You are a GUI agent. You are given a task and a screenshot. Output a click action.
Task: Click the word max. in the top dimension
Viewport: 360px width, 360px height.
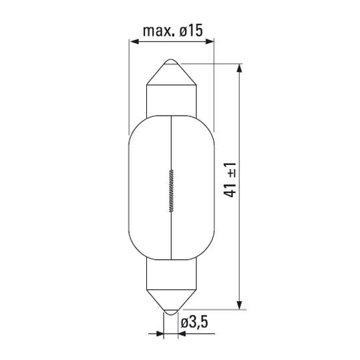158,31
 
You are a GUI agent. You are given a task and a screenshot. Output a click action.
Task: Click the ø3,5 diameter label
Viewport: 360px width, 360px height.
193,323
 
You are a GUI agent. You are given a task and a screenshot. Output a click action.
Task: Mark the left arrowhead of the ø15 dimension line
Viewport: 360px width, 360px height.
133,42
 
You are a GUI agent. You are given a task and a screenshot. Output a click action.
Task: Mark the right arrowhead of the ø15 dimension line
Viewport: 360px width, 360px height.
210,42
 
